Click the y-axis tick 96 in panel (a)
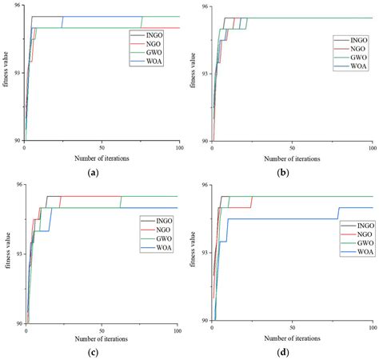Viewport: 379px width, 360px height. click(15, 6)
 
